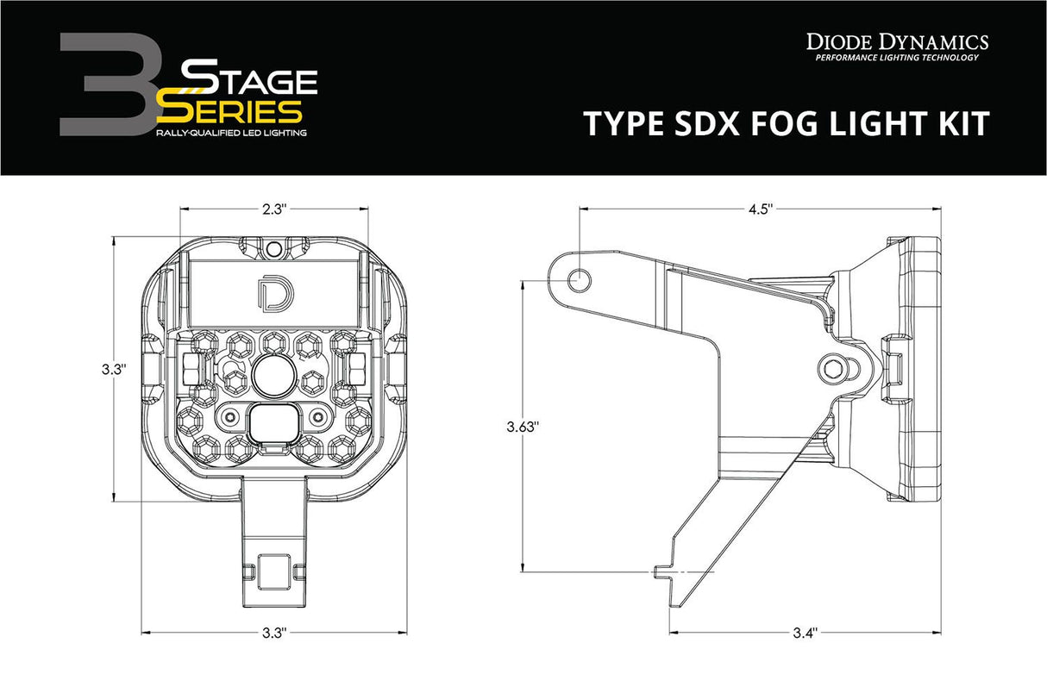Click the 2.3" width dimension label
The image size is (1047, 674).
[269, 208]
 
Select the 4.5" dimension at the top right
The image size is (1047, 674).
[760, 208]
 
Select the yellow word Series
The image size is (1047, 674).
[230, 111]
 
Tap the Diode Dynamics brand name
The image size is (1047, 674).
[897, 41]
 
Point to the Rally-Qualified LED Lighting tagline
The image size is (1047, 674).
[230, 134]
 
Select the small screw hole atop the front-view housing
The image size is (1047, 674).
[273, 250]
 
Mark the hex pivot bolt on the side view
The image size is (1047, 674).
[832, 368]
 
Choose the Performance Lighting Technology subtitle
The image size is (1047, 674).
[897, 58]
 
